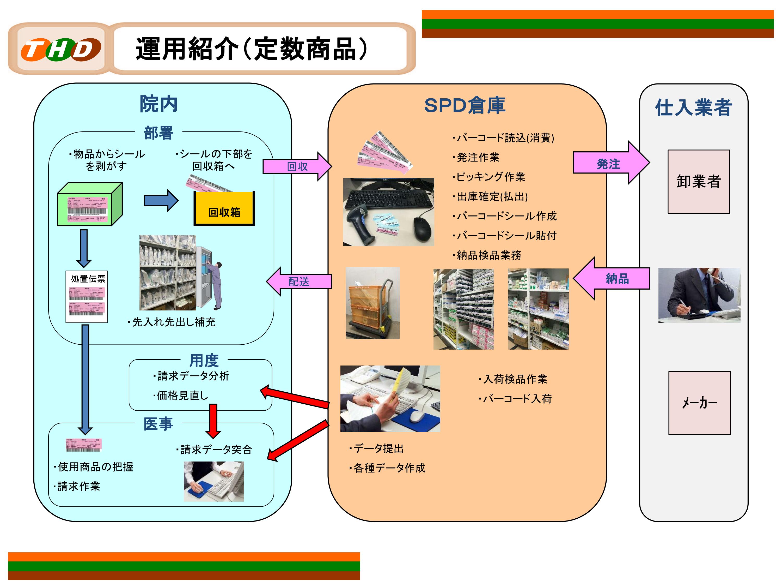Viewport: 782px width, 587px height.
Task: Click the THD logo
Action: pyautogui.click(x=60, y=50)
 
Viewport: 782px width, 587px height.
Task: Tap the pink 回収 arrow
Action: pyautogui.click(x=297, y=166)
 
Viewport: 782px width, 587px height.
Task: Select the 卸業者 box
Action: pyautogui.click(x=698, y=182)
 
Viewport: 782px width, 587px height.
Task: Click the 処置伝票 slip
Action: pyautogui.click(x=87, y=297)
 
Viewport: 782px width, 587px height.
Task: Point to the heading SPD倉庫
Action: pyautogui.click(x=465, y=105)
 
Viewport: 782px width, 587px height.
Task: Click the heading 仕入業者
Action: pyautogui.click(x=693, y=107)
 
